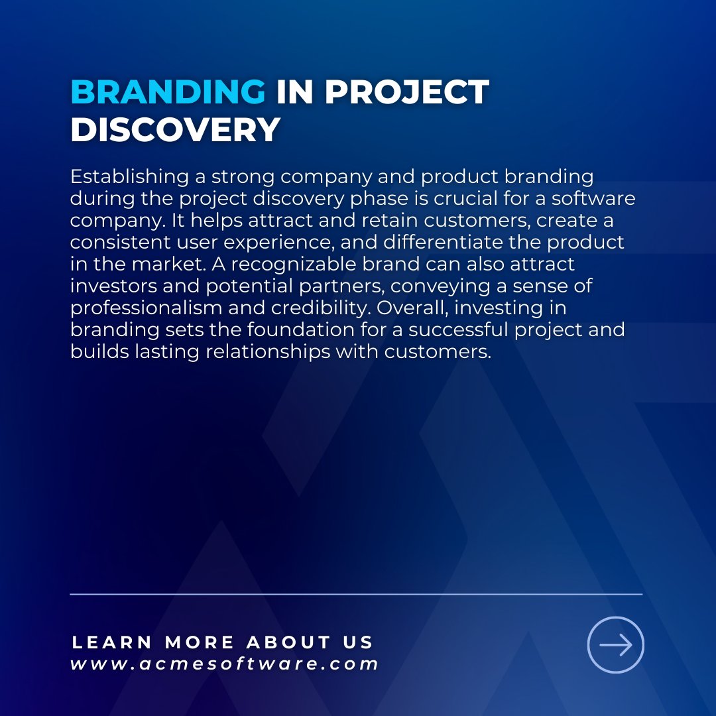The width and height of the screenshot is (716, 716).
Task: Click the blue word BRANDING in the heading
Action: (168, 92)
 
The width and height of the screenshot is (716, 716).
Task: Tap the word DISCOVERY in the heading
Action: (175, 129)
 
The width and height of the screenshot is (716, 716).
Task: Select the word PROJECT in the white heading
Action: (407, 92)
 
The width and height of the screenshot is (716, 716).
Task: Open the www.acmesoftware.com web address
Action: (225, 664)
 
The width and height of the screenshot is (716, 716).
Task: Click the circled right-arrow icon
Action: (616, 645)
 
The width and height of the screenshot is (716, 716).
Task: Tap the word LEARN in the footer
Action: (112, 642)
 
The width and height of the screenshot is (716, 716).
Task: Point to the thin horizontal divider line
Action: (356, 594)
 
